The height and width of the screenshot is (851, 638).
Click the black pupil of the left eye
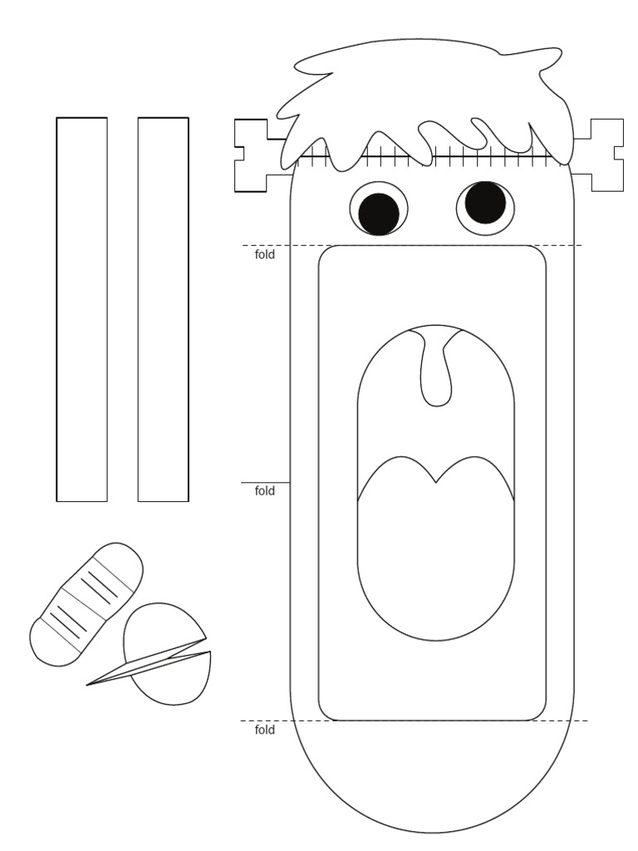379,212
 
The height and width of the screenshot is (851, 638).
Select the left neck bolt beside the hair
253,155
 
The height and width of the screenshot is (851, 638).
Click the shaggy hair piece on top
424,91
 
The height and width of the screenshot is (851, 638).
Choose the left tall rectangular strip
81,309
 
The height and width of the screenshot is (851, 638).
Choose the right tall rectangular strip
163,309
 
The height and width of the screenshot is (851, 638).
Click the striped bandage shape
86,603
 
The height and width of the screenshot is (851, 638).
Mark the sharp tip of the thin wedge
87,685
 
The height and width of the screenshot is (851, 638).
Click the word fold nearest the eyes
264,255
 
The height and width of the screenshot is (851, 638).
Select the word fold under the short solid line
264,491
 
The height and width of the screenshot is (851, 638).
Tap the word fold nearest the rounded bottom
264,730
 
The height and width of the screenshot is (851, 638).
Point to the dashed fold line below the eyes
415,245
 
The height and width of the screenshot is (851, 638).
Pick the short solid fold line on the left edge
265,482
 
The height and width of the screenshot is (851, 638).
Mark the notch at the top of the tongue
435,481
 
